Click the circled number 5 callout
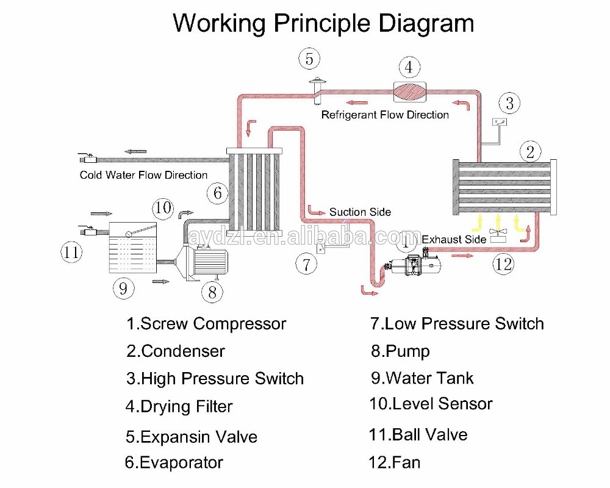pos(309,59)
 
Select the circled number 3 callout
pos(510,103)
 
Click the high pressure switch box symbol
pos(501,123)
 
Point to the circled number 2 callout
pos(530,151)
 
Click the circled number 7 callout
pos(306,264)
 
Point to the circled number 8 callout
pos(212,292)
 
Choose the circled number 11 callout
pos(72,251)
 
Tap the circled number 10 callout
pos(163,208)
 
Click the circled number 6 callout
pos(217,193)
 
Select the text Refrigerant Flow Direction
pos(385,115)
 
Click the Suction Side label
pos(360,212)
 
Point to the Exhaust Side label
pos(454,239)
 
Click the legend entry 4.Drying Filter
pos(179,406)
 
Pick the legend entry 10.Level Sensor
pos(431,403)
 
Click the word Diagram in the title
pos(426,23)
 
